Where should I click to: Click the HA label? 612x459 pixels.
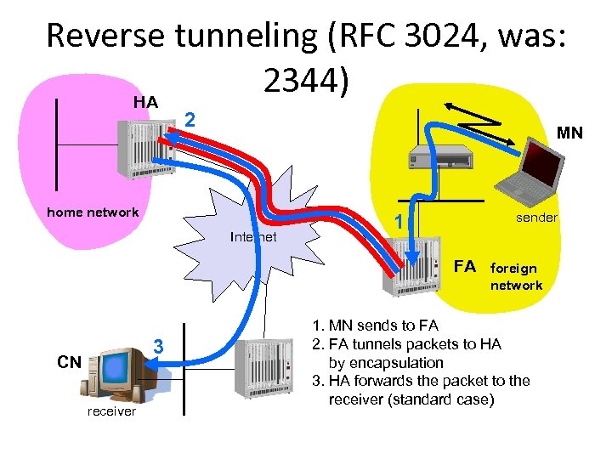click(x=145, y=102)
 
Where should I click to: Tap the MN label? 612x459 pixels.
click(x=569, y=133)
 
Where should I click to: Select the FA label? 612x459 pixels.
click(x=464, y=267)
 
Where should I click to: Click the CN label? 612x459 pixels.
click(x=69, y=362)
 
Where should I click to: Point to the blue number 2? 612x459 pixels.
click(x=191, y=121)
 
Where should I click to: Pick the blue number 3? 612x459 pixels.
click(x=157, y=347)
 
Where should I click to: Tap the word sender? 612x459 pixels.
click(x=536, y=218)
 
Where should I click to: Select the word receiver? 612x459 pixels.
click(x=111, y=411)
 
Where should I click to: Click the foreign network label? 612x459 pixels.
click(x=516, y=276)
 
